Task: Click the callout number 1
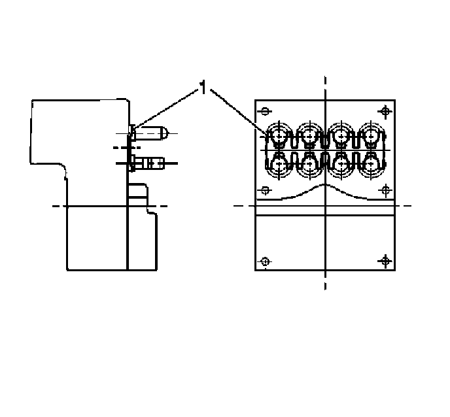203,87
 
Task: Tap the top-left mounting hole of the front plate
266,111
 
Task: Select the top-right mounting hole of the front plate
385,111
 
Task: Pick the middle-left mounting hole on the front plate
266,190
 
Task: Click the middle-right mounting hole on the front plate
385,190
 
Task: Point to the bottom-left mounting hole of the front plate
266,261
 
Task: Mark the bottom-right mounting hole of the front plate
385,261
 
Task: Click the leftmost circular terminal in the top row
279,136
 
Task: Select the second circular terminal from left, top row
309,136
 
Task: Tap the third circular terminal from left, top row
341,136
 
